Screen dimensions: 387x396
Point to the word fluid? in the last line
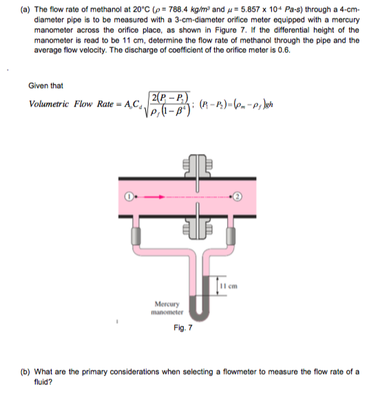click(x=43, y=381)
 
